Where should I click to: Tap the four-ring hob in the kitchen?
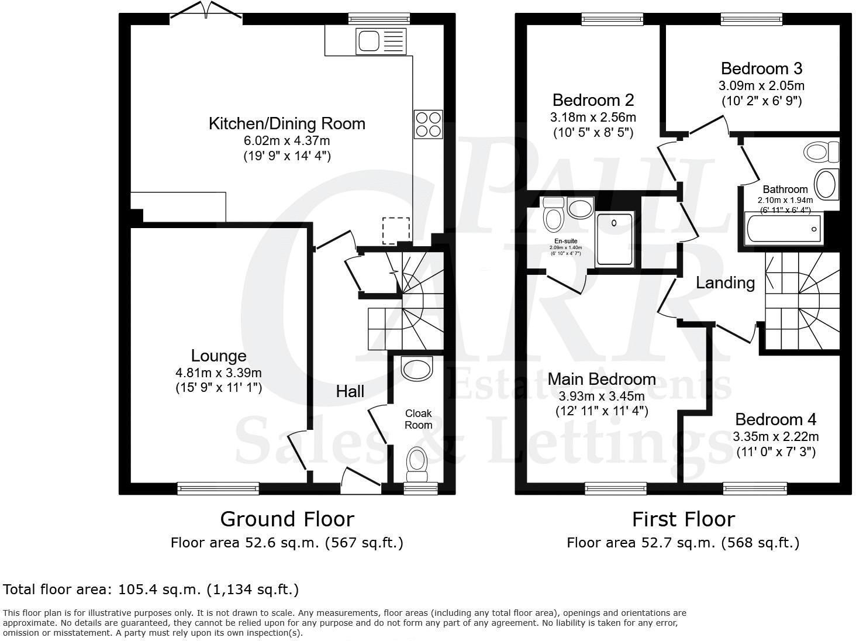[x=428, y=124]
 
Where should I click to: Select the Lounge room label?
[x=219, y=356]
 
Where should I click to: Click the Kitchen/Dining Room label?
[x=287, y=123]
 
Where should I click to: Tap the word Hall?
[x=350, y=391]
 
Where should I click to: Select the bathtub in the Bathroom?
[x=783, y=229]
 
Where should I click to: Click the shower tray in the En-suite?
[x=614, y=239]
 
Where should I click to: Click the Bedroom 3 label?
[x=761, y=68]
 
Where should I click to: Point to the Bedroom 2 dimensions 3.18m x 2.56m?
[x=593, y=117]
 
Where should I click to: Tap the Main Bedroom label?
[x=602, y=379]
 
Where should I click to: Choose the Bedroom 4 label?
[x=775, y=419]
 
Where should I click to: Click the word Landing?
[x=725, y=283]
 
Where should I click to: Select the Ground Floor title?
[x=287, y=519]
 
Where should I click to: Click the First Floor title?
[x=683, y=519]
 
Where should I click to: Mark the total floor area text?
[x=151, y=589]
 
